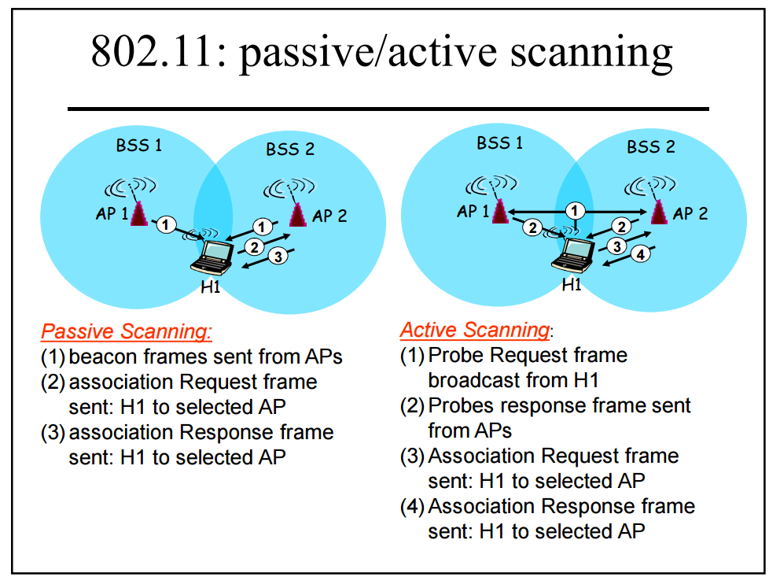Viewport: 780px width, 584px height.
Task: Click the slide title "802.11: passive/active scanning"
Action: coord(381,52)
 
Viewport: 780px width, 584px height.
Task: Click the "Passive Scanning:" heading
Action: coord(126,331)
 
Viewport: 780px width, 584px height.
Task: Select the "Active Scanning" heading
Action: coord(474,329)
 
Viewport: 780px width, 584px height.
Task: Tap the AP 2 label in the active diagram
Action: coord(691,213)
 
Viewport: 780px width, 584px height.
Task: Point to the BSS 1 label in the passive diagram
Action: coord(139,146)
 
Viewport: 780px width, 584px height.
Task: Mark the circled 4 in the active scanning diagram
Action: coord(640,254)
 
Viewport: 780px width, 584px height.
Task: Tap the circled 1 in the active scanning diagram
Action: coord(576,210)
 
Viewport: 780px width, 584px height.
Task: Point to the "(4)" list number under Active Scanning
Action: coord(412,507)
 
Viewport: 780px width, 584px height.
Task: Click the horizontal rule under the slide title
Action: coord(388,109)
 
